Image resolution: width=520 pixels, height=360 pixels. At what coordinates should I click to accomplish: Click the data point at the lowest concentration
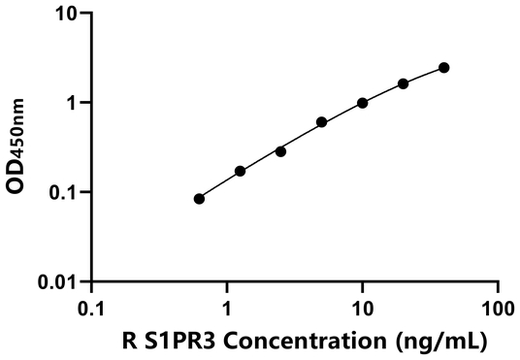tap(199, 198)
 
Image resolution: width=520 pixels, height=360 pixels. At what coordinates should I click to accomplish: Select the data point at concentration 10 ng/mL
tap(362, 103)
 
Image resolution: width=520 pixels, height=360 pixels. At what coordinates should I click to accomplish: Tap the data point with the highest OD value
tap(443, 67)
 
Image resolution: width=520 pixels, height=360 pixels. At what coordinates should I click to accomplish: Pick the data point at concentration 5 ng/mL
tap(321, 122)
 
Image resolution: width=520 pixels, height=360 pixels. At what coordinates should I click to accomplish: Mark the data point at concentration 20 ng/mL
tap(403, 83)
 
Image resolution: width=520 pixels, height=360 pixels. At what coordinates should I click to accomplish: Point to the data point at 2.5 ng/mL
tap(280, 151)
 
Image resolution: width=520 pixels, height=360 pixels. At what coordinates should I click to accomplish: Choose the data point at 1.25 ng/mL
tap(240, 171)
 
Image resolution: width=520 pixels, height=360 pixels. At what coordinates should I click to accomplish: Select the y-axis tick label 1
tap(74, 103)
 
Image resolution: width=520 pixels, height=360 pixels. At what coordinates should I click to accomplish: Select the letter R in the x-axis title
tap(130, 342)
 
